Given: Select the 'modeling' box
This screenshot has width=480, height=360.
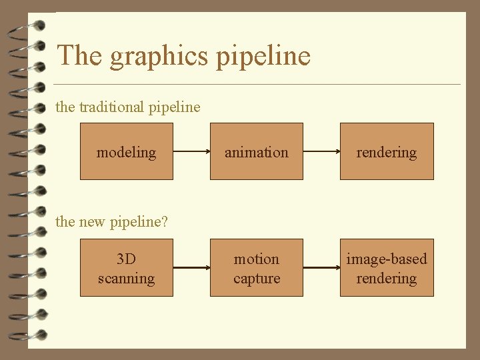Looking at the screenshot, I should (126, 151).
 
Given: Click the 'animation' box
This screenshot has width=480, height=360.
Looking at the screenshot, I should (257, 151).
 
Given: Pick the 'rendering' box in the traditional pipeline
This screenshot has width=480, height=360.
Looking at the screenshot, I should (387, 151).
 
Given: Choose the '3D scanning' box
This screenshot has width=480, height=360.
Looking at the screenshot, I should (126, 268).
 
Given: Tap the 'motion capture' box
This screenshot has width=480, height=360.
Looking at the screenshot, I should (257, 268).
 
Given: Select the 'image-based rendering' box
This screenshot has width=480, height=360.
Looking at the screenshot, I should (387, 268).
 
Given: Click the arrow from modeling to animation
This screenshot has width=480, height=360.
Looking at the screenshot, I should (191, 152).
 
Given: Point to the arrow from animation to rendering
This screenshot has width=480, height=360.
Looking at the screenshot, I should (321, 152).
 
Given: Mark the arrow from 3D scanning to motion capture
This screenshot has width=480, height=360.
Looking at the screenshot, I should (191, 268).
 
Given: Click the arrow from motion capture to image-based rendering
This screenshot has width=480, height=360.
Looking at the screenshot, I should (321, 268).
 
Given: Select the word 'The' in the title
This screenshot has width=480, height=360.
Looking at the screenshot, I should (80, 55).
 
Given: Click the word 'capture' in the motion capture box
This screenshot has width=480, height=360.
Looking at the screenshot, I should (257, 278).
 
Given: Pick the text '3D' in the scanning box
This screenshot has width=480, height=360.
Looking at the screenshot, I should (126, 259).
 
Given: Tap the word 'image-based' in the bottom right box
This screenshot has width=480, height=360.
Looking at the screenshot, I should (387, 259).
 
